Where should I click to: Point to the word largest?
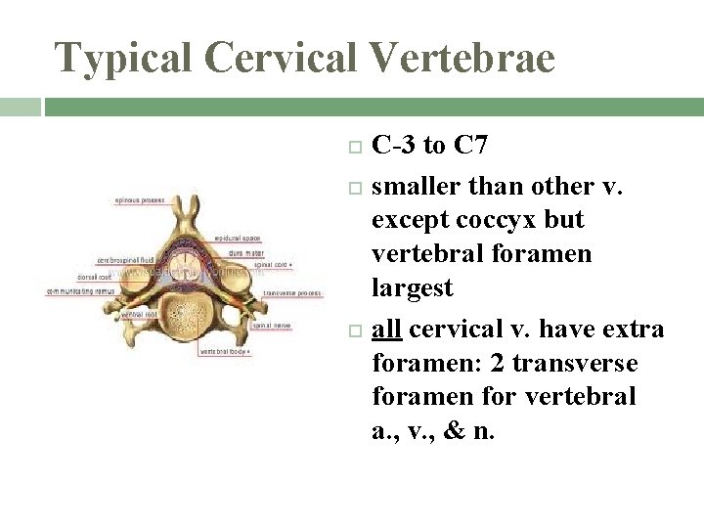pyautogui.click(x=412, y=288)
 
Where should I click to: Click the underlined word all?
pyautogui.click(x=388, y=330)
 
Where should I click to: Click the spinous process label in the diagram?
pyautogui.click(x=140, y=201)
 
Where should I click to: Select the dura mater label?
pyautogui.click(x=248, y=251)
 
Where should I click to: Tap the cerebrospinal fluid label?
pyautogui.click(x=124, y=260)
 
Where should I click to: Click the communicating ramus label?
pyautogui.click(x=80, y=290)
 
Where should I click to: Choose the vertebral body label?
pyautogui.click(x=225, y=350)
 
